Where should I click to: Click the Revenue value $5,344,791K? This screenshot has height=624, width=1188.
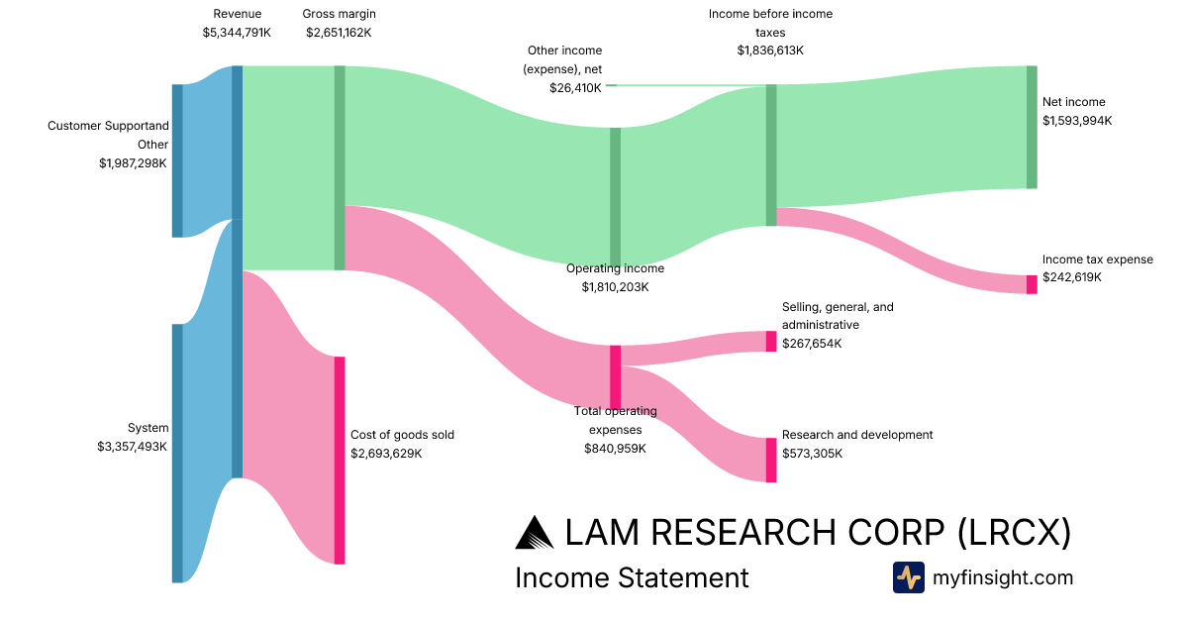point(237,33)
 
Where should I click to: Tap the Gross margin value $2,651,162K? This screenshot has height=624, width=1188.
point(339,33)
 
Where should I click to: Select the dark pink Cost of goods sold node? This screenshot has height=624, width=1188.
point(340,460)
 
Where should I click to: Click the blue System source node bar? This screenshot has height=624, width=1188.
point(177,454)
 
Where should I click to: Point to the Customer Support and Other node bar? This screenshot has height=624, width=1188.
point(177,160)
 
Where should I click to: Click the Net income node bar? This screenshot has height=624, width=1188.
point(1032,128)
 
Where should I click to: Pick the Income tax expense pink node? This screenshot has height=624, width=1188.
point(1032,284)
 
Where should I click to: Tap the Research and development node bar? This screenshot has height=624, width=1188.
point(771,460)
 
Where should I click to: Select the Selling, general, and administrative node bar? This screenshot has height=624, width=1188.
point(771,341)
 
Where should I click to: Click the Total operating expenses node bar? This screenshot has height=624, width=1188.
point(615,377)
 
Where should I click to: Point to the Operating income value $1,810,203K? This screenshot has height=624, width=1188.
point(615,287)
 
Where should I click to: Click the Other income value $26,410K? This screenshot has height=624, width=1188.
point(575,88)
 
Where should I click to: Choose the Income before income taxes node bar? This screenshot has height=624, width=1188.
point(771,155)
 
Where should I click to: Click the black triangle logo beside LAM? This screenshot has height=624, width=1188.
point(535,533)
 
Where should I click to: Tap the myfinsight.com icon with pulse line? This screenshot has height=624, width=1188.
point(909,577)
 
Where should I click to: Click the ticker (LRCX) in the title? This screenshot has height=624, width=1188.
point(1015,532)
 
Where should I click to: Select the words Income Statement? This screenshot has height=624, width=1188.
point(632,577)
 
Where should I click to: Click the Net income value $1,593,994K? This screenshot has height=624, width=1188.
point(1077,121)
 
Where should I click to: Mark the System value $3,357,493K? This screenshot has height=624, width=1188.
point(132,447)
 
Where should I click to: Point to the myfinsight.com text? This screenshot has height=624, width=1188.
point(1002,577)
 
